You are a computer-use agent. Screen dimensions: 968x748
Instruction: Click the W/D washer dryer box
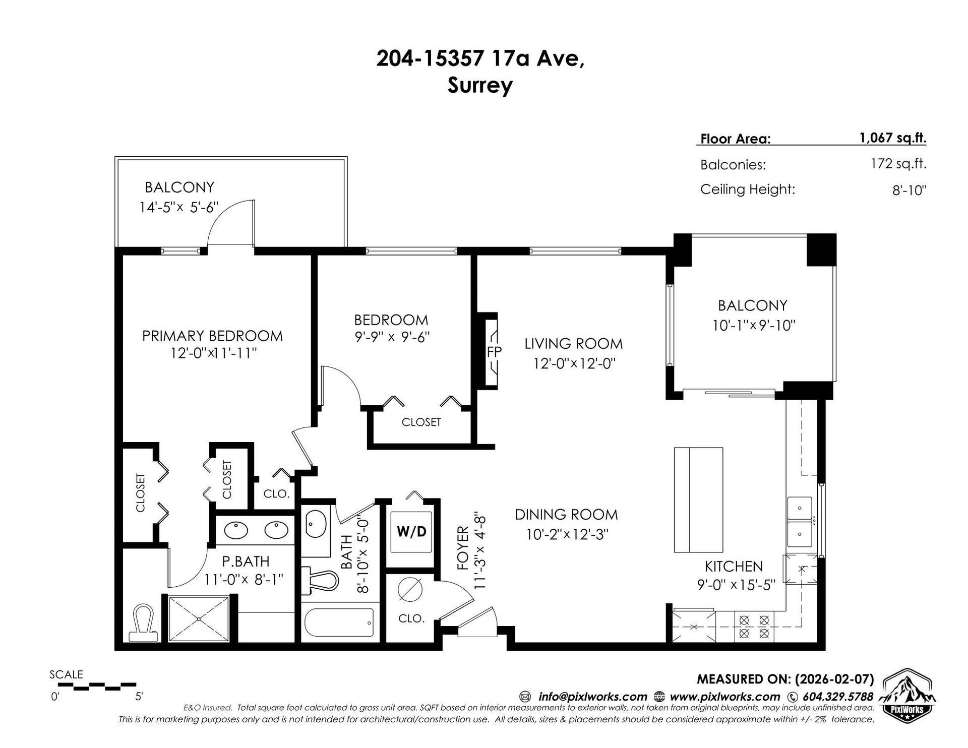point(412,531)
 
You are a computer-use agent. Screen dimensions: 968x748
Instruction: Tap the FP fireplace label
point(494,351)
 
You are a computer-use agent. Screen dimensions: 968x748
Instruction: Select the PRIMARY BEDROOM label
point(212,336)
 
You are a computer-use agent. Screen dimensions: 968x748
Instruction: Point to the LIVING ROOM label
point(573,344)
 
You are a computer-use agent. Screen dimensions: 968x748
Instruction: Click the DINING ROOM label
point(566,515)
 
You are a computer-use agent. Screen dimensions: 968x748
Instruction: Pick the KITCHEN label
point(734,567)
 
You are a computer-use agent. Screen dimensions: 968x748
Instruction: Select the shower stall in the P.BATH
point(199,618)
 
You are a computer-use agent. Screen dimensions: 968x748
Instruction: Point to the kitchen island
point(698,500)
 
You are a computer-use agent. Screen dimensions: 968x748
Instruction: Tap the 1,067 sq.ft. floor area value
point(893,138)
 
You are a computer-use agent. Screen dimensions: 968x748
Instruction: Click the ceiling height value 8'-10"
point(910,190)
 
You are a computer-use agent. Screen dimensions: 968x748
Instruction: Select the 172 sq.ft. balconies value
point(899,164)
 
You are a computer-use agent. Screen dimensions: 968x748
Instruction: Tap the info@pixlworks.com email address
point(592,697)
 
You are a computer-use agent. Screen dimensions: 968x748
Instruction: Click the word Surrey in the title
point(480,86)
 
